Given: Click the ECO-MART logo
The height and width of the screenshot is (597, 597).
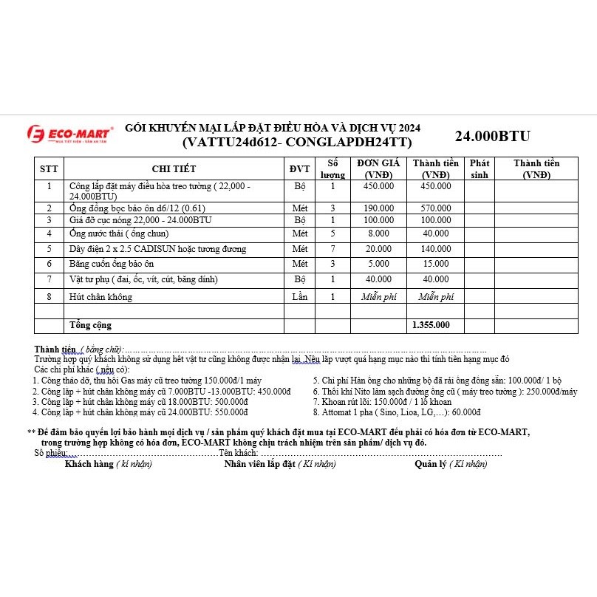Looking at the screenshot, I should [70, 134].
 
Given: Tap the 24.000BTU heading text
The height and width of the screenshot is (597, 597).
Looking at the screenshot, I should [492, 136].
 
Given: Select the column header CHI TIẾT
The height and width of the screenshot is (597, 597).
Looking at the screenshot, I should [174, 168].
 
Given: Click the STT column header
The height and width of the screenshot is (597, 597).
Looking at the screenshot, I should [49, 168].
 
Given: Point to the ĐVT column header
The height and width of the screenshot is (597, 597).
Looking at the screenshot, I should [299, 168].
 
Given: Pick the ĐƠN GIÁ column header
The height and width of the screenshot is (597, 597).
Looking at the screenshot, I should [378, 168].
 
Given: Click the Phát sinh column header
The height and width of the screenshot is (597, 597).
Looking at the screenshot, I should [480, 168].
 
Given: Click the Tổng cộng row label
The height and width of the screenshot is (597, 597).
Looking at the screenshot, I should [90, 324].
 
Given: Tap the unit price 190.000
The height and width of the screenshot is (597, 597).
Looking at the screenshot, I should [378, 208].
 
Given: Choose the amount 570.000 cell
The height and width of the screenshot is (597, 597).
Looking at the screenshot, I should [435, 208].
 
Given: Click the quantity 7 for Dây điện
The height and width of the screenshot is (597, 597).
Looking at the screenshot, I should [332, 249].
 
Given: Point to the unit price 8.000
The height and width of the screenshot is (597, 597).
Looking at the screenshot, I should [378, 233].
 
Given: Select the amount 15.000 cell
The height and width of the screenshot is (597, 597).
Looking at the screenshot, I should [435, 263].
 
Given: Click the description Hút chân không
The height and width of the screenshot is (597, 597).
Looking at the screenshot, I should [100, 296].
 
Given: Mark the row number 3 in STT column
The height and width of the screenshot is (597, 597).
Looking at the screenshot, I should [49, 220].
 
